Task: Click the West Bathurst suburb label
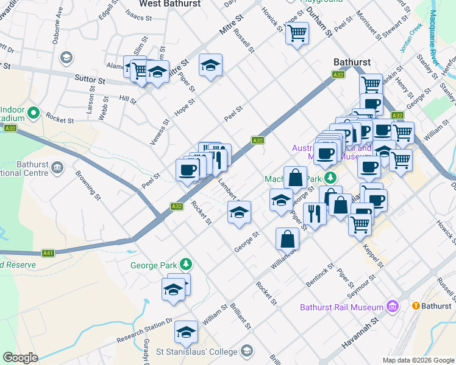(170, 4)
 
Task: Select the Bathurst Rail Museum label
(341, 307)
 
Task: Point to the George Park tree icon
(187, 265)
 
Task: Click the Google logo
(20, 358)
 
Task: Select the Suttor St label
(90, 80)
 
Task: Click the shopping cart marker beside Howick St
(297, 33)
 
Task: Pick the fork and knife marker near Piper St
(314, 215)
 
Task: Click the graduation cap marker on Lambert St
(239, 212)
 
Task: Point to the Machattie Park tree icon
(330, 178)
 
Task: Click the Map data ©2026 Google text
(417, 360)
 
